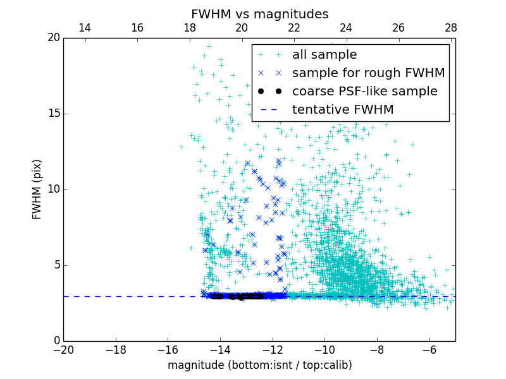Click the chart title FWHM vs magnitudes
260,14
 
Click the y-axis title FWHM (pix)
37,189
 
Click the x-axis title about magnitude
260,365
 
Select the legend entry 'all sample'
324,55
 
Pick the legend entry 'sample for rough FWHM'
368,73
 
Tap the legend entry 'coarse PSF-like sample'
364,92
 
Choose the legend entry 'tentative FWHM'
343,110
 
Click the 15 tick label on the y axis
53,114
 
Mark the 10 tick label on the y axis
53,189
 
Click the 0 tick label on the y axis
56,341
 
